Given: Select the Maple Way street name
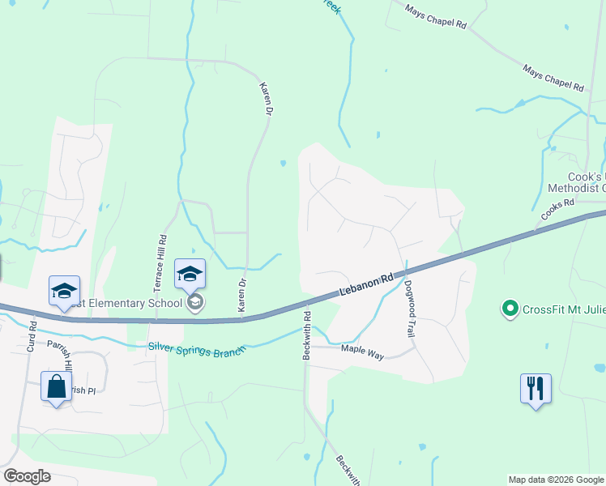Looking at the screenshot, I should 361,350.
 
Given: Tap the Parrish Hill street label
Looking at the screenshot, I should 59,357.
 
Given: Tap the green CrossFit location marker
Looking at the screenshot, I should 510,308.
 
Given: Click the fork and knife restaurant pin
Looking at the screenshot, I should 536,389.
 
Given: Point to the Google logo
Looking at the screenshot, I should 27,476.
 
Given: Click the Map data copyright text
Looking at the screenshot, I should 555,480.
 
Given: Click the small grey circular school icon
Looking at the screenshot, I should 194,303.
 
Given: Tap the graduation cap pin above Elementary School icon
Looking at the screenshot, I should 190,273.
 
